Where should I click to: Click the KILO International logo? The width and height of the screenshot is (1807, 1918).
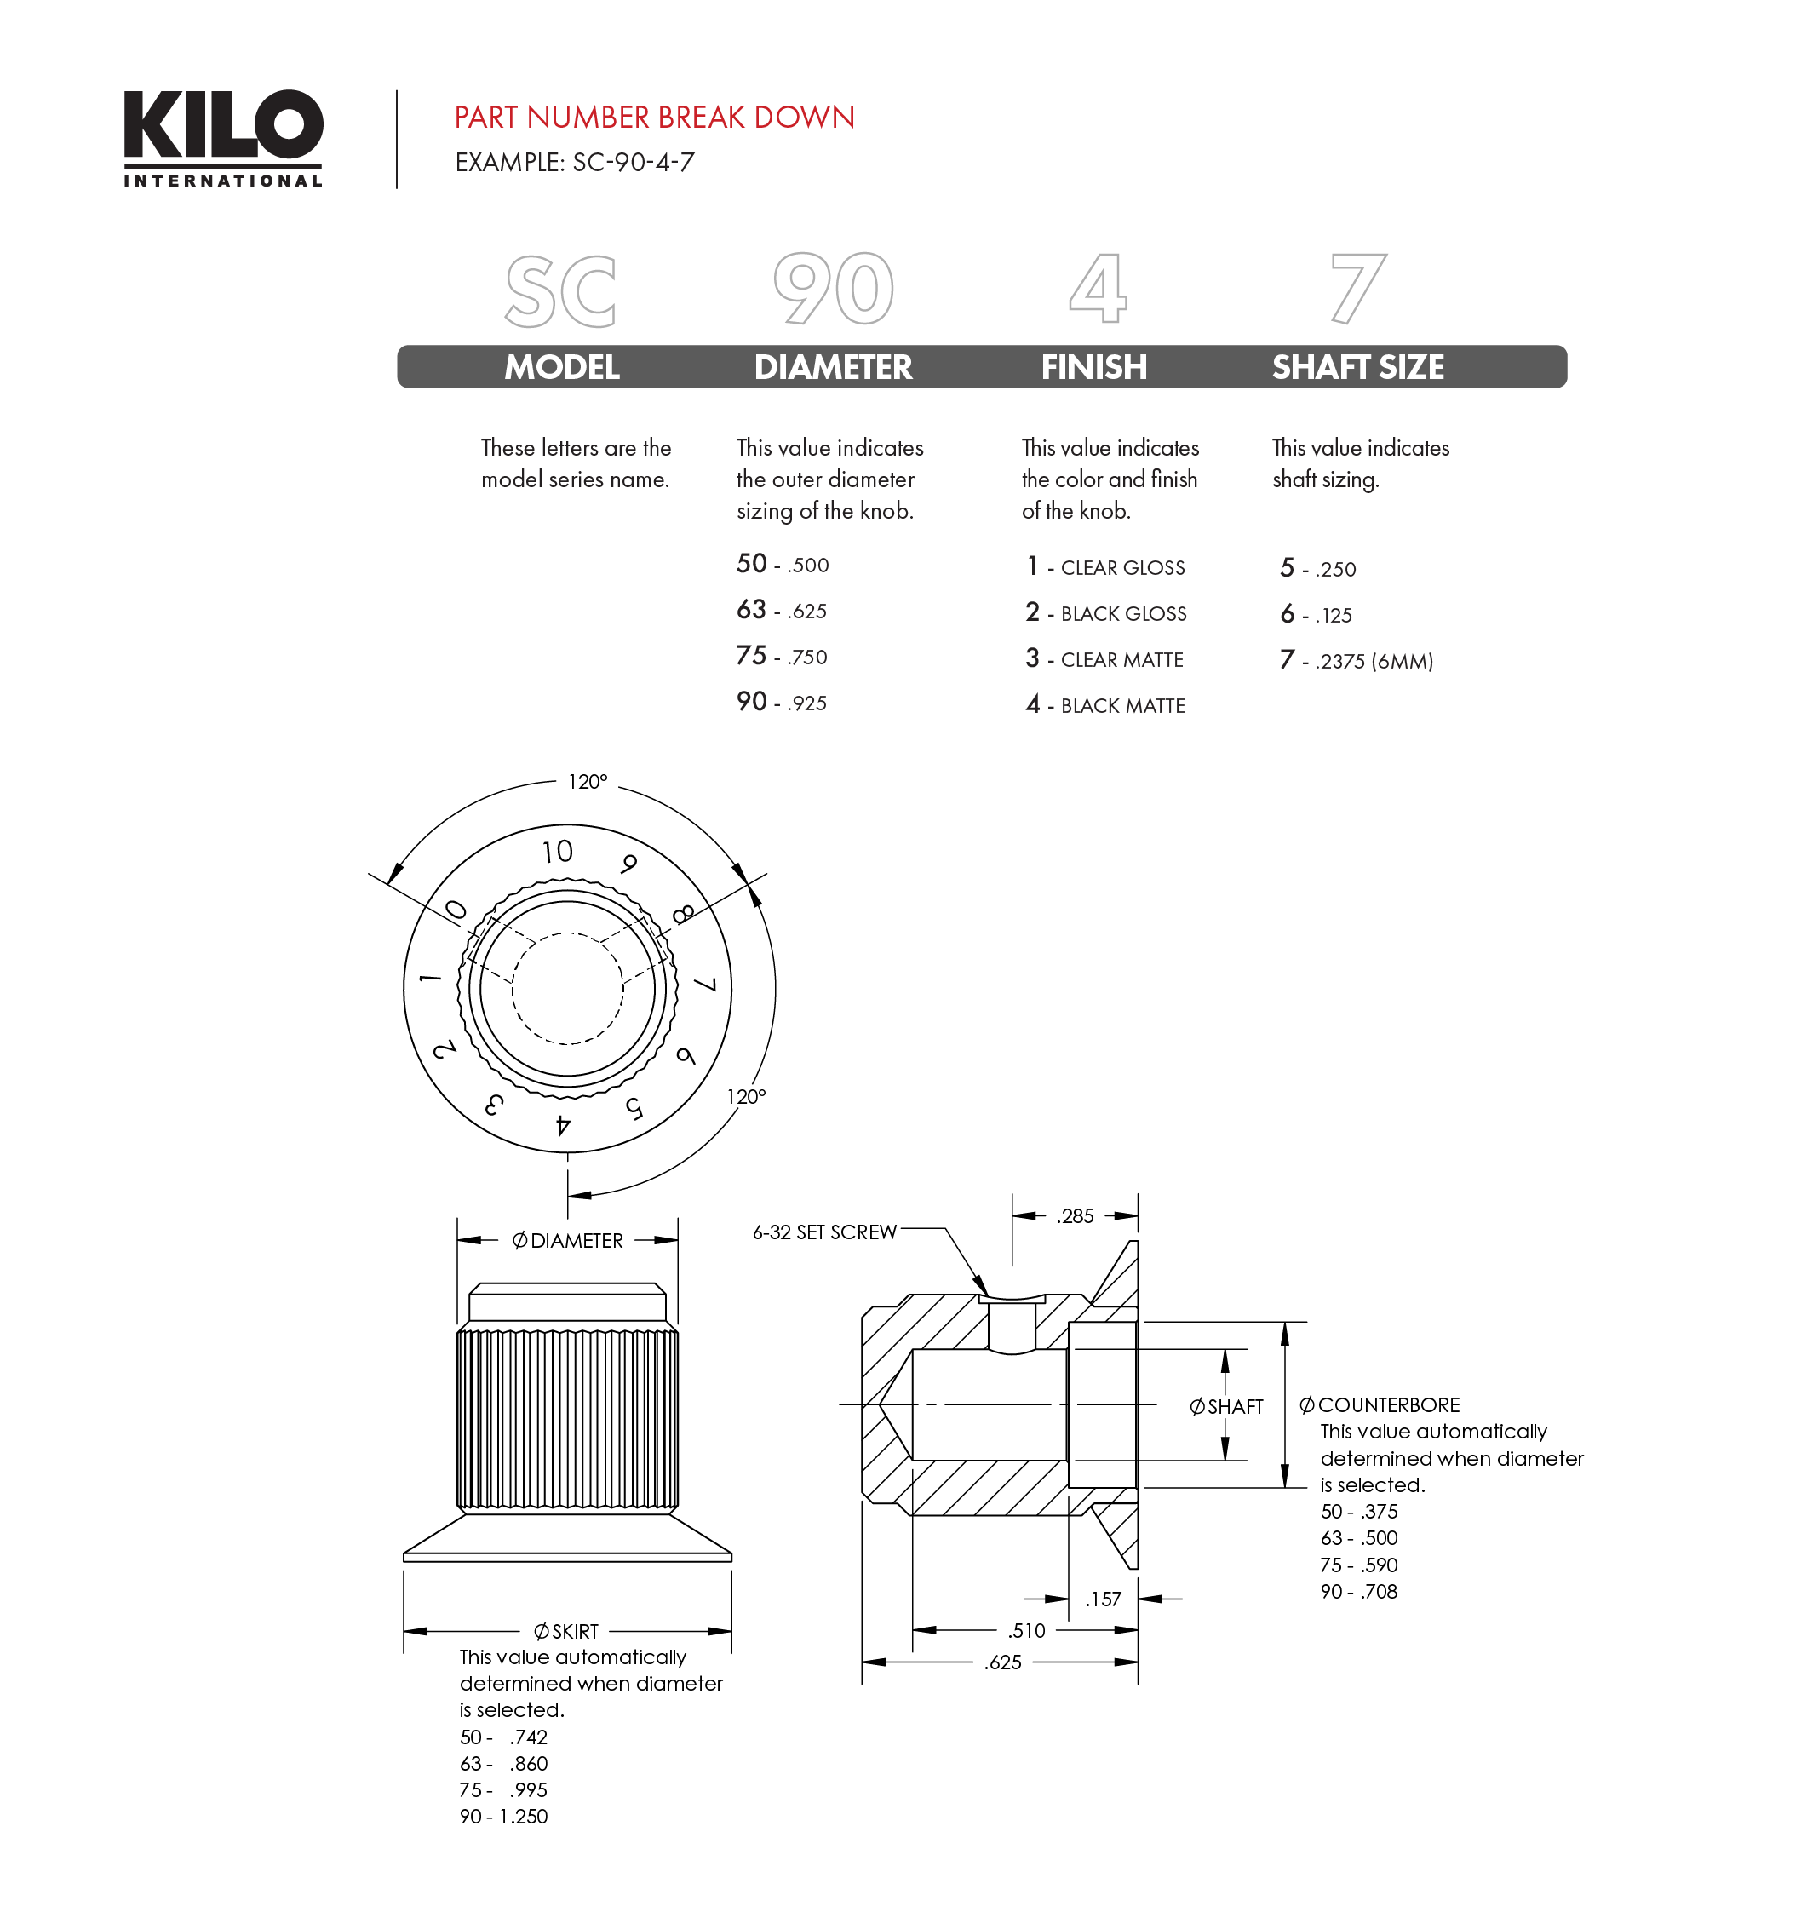click(x=223, y=137)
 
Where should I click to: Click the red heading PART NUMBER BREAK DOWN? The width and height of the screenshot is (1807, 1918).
click(x=654, y=118)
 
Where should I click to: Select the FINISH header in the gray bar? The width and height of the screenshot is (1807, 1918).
click(x=1093, y=368)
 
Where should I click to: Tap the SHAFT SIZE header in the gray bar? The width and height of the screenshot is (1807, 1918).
click(x=1357, y=368)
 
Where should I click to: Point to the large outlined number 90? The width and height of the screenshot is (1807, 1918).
click(x=834, y=289)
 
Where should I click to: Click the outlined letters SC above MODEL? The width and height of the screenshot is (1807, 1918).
click(x=560, y=290)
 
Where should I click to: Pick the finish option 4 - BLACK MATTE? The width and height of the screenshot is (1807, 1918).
click(x=1105, y=705)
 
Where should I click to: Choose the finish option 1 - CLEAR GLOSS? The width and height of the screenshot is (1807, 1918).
click(x=1105, y=567)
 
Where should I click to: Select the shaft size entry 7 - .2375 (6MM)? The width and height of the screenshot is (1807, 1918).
click(x=1357, y=661)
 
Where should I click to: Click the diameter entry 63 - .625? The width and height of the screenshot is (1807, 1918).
click(x=782, y=611)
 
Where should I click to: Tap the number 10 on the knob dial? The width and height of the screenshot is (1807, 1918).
click(x=557, y=851)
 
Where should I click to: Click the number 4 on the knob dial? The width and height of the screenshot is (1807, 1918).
click(x=564, y=1125)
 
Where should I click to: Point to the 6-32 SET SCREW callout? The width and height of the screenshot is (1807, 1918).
click(x=824, y=1232)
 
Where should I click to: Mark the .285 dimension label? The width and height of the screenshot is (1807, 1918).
click(x=1075, y=1216)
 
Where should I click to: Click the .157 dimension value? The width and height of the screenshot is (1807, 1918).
click(x=1103, y=1599)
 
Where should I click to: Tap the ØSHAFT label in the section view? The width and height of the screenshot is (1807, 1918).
click(x=1226, y=1407)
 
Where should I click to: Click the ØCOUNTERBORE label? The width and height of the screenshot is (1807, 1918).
click(x=1380, y=1404)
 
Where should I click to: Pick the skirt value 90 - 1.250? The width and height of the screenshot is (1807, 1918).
click(x=503, y=1817)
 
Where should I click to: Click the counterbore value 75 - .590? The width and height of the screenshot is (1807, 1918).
click(x=1358, y=1565)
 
